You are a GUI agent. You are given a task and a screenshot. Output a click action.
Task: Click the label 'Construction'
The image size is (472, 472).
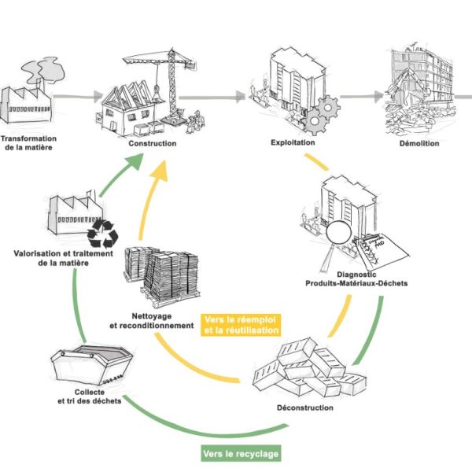pos(153,144)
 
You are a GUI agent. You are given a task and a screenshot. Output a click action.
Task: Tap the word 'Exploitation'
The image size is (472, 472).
pos(293,143)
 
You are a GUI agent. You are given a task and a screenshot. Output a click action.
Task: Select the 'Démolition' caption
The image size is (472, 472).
pos(418,144)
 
